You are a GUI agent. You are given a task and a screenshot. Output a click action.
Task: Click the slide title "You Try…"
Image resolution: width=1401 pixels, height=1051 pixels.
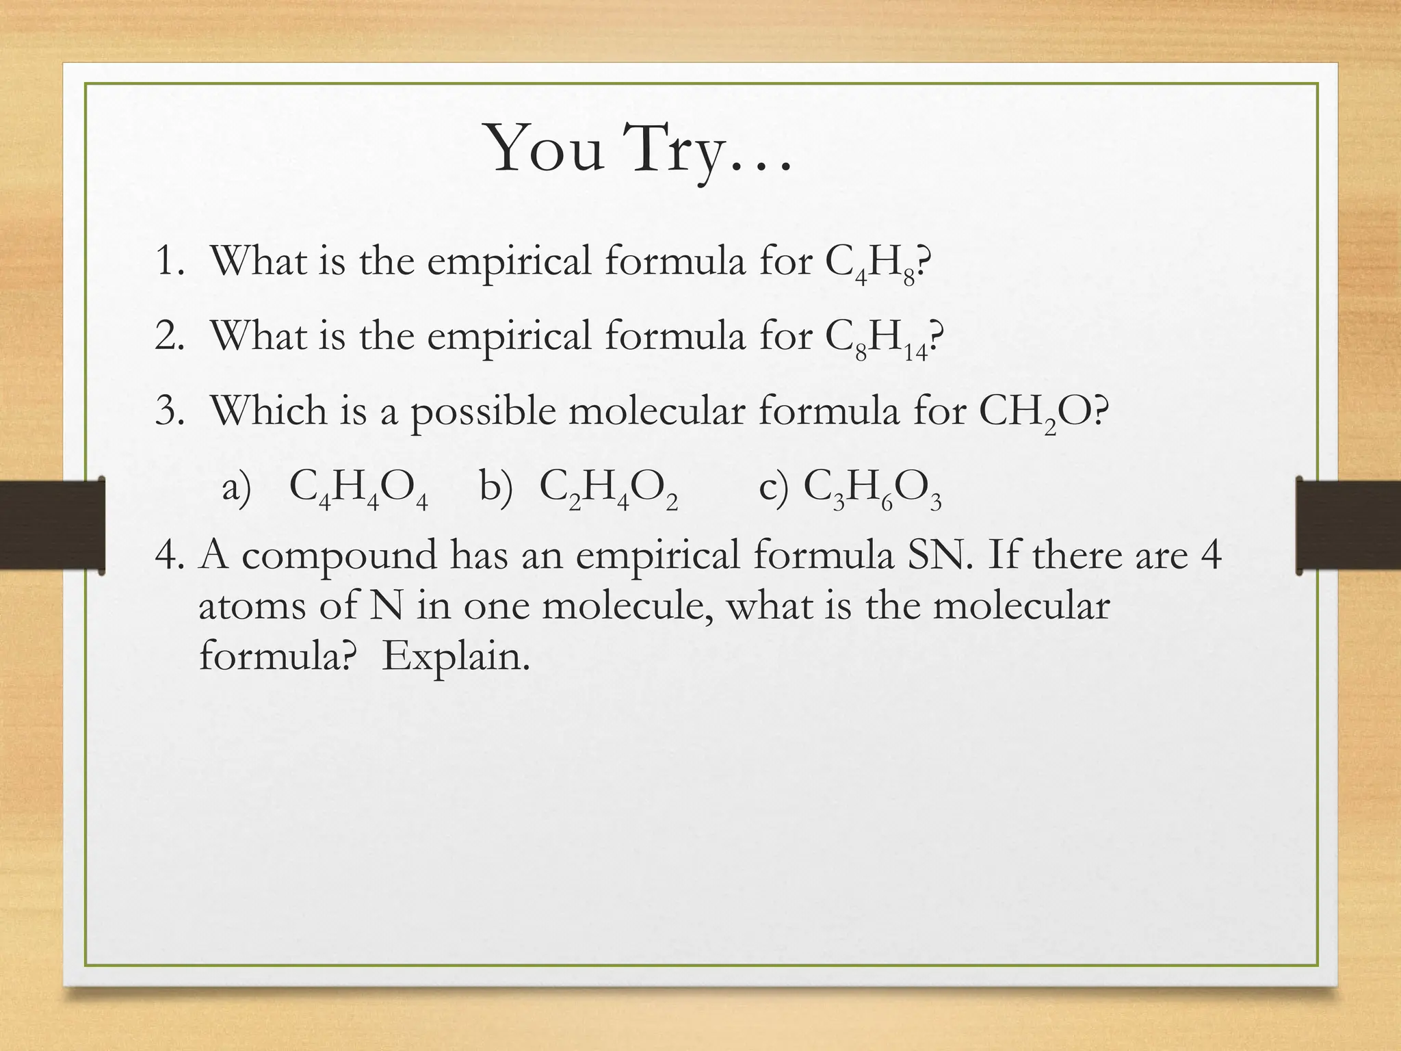click(x=639, y=149)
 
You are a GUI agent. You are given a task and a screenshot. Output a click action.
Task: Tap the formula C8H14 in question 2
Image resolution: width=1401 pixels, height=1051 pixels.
click(x=878, y=338)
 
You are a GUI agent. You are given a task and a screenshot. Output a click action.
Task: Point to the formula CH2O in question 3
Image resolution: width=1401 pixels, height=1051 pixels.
click(x=1034, y=413)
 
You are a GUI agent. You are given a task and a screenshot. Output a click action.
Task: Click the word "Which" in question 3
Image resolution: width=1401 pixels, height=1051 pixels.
click(x=269, y=411)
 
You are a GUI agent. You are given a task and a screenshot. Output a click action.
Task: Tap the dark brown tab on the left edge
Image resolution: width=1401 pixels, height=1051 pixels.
click(x=52, y=525)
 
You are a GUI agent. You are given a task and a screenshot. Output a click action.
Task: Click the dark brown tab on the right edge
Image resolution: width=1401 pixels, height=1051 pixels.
click(x=1348, y=525)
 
